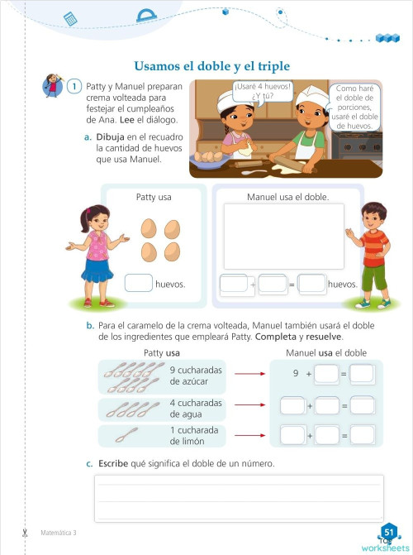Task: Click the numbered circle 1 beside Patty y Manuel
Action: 74,87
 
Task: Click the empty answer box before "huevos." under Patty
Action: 138,284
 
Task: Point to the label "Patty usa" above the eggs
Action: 154,198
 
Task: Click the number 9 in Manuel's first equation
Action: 295,374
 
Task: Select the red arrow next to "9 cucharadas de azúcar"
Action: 248,374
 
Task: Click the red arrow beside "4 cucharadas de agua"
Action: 248,406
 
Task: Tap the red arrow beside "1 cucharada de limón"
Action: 248,435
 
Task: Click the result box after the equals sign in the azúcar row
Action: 362,374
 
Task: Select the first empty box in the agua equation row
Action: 292,406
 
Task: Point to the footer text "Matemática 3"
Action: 58,533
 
